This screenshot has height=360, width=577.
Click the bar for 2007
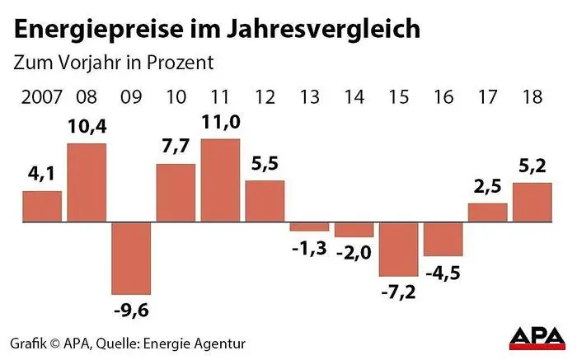[42, 207]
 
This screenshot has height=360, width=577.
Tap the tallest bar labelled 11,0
[220, 180]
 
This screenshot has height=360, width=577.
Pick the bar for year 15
[399, 249]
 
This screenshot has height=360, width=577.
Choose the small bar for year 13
[310, 227]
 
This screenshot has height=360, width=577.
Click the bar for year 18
[532, 202]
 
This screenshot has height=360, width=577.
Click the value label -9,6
[131, 311]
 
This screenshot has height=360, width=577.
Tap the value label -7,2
[399, 292]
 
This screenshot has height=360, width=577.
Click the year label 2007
[40, 97]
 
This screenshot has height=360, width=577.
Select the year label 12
[265, 97]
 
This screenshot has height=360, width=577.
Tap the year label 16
[443, 97]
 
